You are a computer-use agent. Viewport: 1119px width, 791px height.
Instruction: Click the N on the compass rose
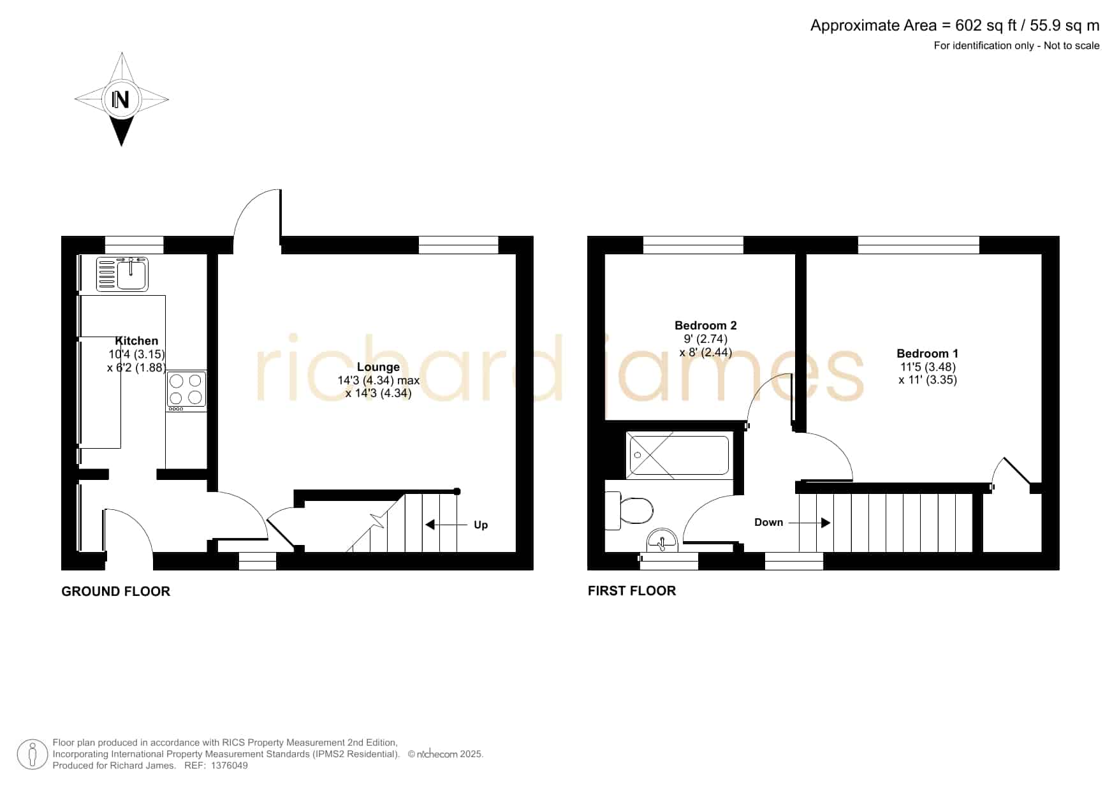tap(121, 99)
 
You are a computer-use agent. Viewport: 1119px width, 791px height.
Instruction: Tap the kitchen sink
tap(122, 273)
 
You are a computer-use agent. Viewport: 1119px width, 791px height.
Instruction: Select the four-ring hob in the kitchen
tap(186, 390)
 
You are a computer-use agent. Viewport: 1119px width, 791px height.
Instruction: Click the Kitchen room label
tap(136, 341)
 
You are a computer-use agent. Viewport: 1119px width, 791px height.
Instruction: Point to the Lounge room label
tap(378, 367)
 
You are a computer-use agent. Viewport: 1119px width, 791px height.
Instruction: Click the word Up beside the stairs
tap(481, 525)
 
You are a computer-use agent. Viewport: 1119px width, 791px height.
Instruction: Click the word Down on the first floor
tap(768, 522)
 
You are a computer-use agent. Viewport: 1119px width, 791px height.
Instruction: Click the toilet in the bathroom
tap(629, 510)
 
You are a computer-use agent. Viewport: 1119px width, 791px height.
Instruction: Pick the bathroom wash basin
tap(663, 541)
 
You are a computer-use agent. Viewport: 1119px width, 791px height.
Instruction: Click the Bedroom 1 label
tap(927, 354)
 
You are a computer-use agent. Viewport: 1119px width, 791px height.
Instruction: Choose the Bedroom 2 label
tap(706, 326)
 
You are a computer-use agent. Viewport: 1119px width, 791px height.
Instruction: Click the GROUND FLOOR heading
tap(115, 591)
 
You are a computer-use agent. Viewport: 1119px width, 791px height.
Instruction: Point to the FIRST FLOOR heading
tap(632, 591)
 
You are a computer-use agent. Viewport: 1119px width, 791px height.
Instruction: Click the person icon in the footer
tap(32, 755)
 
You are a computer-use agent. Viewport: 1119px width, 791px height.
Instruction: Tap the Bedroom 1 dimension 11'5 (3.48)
tap(928, 367)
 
